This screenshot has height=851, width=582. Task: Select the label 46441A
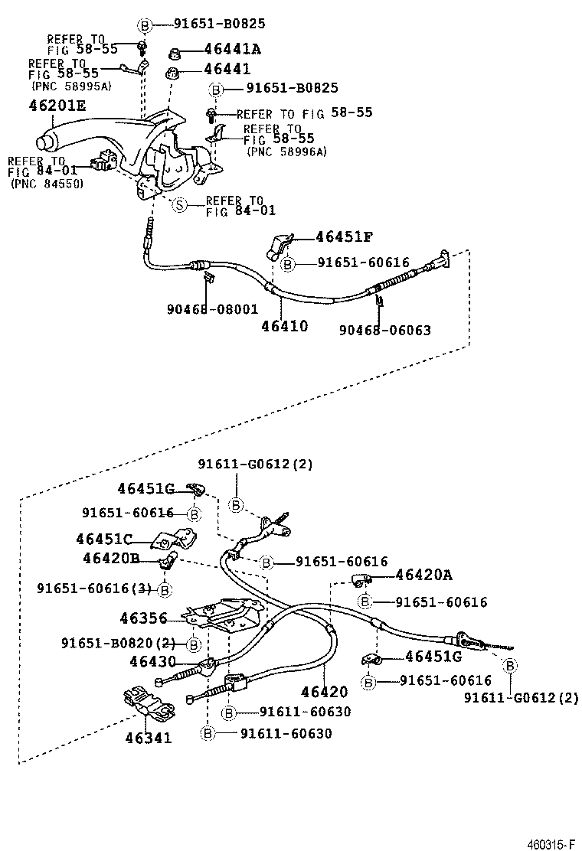point(232,50)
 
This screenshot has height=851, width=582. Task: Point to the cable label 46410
point(284,326)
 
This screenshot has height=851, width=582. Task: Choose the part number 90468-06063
point(385,331)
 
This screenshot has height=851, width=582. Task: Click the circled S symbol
point(178,205)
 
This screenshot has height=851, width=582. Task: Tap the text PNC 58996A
point(286,152)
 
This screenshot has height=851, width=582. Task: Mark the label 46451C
point(104,538)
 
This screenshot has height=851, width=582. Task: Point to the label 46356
point(144,617)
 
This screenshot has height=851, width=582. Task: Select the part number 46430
point(152,661)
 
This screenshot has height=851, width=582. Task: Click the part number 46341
point(148,739)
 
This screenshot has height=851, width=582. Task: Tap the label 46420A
point(424,575)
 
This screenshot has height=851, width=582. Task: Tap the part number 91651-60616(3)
point(95,589)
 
